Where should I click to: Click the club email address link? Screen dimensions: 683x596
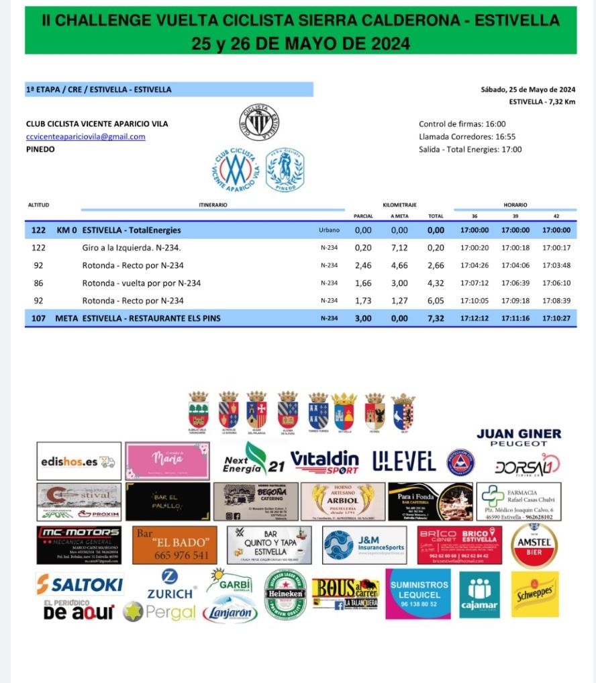(x=85, y=137)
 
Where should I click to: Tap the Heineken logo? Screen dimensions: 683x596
(x=285, y=594)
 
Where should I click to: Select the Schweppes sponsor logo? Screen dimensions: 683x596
(x=534, y=594)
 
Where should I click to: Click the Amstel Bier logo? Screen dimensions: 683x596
(x=534, y=545)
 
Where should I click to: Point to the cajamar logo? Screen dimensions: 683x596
(x=479, y=594)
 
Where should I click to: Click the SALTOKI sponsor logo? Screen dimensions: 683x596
(x=80, y=583)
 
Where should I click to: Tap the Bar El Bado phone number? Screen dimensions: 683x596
(x=175, y=555)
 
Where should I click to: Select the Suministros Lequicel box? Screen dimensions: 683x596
(x=418, y=594)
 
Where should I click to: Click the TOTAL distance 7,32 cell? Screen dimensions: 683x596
(x=436, y=318)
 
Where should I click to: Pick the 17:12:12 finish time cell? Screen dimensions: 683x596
(x=475, y=318)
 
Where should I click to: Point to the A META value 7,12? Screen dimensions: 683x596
(x=399, y=248)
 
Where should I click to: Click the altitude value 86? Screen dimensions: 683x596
(x=38, y=283)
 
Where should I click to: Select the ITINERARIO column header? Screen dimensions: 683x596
(x=213, y=205)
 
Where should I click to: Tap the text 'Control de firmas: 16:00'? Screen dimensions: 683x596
(x=462, y=124)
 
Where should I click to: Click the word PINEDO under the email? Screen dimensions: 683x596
(x=40, y=149)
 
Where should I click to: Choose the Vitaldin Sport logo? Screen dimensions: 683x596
(x=324, y=462)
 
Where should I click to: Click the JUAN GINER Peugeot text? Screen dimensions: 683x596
(x=519, y=437)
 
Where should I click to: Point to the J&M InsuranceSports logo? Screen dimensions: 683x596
(x=364, y=545)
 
